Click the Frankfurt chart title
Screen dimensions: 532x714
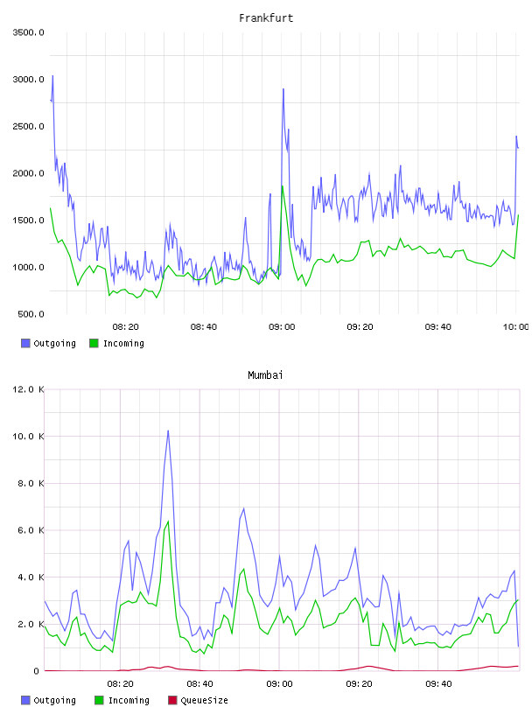(266, 18)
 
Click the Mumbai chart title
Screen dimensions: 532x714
(265, 375)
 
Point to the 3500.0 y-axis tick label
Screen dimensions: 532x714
(28, 32)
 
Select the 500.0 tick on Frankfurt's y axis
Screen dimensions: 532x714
(31, 314)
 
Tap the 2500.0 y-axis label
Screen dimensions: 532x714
(28, 126)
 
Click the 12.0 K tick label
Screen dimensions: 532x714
(28, 389)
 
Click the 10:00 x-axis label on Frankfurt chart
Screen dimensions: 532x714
(515, 327)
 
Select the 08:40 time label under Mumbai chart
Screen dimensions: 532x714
(199, 684)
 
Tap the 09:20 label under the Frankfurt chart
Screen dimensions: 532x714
(360, 327)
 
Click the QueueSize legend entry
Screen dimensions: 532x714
(198, 700)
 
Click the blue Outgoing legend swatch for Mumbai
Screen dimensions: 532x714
(25, 700)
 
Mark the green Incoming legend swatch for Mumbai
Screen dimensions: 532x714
(99, 700)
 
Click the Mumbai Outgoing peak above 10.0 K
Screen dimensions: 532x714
(168, 430)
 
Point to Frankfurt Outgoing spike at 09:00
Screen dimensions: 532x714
(283, 89)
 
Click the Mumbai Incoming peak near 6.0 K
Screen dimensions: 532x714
(168, 521)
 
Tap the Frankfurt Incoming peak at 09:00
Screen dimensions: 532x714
(283, 185)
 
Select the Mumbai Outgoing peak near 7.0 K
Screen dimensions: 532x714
(243, 508)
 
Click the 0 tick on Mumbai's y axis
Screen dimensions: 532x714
(37, 671)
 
